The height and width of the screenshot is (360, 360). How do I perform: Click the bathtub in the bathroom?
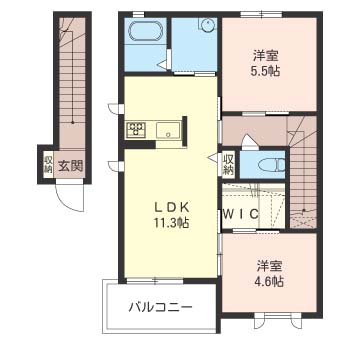tap(146, 32)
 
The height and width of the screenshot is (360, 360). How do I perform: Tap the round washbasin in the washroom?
tap(207, 24)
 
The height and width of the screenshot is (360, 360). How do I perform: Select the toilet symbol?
tap(277, 165)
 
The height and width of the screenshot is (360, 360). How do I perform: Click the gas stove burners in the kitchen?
tap(136, 129)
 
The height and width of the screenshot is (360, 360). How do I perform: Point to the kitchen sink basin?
tap(169, 130)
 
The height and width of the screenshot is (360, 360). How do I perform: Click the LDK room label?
tap(171, 207)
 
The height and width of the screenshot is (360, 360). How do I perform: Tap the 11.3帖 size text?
tap(172, 222)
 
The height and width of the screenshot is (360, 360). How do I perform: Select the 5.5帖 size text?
tap(266, 71)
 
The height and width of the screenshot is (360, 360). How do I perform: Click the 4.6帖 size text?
tap(270, 282)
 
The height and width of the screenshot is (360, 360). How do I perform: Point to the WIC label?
tap(241, 214)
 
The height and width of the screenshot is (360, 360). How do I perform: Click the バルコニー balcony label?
tap(161, 307)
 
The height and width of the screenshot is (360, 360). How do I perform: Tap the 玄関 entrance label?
tap(71, 165)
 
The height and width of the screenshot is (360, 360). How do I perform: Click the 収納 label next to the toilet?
tap(229, 164)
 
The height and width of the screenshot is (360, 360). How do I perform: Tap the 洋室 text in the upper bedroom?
tap(266, 56)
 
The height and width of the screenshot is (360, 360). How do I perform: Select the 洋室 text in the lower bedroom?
tap(270, 267)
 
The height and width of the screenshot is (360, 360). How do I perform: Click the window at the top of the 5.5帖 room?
tap(262, 14)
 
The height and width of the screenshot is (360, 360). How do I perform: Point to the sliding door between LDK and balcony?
tap(155, 281)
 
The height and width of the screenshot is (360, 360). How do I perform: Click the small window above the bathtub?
tap(138, 14)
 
